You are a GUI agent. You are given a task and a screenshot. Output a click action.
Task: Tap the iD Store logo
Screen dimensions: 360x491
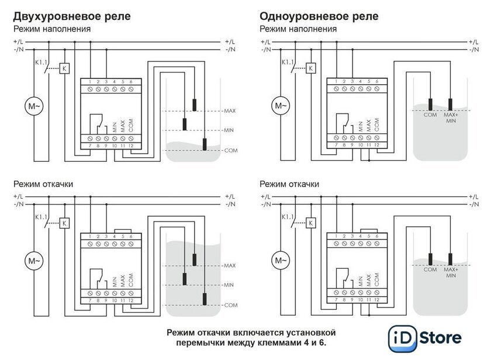pos(425,338)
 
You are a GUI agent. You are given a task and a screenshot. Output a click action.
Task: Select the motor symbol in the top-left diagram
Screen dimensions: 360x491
pos(33,106)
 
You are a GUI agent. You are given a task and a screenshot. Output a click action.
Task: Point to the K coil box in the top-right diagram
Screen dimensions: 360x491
pos(311,68)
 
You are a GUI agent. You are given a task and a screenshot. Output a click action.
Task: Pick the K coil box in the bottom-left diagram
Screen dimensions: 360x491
pos(64,223)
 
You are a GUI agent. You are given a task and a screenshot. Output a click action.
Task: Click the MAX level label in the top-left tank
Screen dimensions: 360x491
pos(229,110)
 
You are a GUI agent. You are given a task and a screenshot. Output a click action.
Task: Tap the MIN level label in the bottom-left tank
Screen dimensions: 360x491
pos(229,285)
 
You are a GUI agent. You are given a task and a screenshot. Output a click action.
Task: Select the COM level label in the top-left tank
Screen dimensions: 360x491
pos(230,151)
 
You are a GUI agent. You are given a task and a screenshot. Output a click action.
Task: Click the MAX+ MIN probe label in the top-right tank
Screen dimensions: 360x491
pos(451,118)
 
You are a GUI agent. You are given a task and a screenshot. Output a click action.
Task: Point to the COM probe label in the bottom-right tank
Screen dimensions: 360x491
pos(430,269)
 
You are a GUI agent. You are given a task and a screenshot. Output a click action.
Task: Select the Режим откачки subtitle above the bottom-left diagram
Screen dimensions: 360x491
pos(43,184)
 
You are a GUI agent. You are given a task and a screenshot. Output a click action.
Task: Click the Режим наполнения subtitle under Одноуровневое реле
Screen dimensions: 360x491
pos(298,29)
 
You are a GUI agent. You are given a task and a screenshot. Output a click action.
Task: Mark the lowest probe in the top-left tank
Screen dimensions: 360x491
pos(205,143)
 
